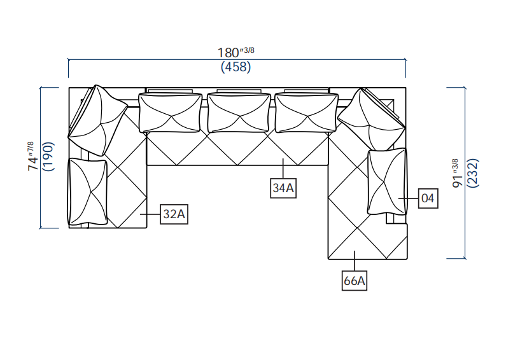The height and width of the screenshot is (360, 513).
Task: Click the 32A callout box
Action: (x=174, y=215)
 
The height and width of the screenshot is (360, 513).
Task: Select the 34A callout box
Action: (x=283, y=188)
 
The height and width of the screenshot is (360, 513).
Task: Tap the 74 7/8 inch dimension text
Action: (x=31, y=156)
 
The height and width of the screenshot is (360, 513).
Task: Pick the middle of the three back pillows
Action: (x=239, y=113)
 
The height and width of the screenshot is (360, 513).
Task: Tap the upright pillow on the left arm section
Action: (x=88, y=191)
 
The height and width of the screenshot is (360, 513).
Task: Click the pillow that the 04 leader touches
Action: (x=386, y=181)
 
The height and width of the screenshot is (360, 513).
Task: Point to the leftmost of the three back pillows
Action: (x=170, y=113)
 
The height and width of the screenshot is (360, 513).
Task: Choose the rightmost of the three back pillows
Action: (x=307, y=113)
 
